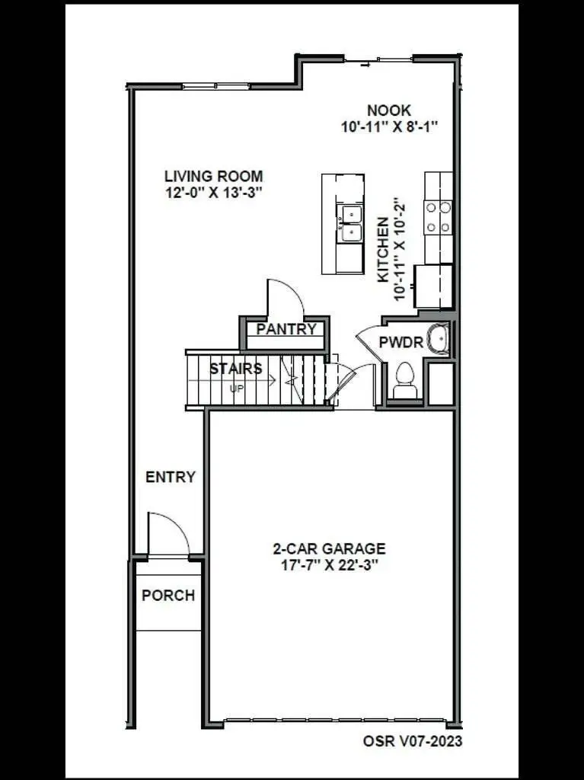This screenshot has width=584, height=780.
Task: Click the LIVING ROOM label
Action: click(x=213, y=177)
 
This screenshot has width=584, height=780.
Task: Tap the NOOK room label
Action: click(x=388, y=111)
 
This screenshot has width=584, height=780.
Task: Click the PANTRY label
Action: click(x=286, y=329)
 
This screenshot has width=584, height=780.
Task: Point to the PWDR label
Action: click(x=401, y=343)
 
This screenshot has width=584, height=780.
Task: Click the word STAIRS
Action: click(x=236, y=369)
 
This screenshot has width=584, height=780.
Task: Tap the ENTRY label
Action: click(x=171, y=478)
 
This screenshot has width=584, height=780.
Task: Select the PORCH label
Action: click(x=168, y=596)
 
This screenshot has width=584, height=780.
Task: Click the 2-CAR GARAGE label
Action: click(x=329, y=548)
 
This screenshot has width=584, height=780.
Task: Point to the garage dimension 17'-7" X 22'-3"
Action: click(x=329, y=565)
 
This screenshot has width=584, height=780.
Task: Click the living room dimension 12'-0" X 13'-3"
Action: click(x=213, y=193)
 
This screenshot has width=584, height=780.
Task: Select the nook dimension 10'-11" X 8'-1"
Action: click(x=388, y=127)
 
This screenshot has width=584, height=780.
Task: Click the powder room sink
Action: click(x=439, y=340)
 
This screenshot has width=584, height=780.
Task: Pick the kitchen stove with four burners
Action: click(x=438, y=216)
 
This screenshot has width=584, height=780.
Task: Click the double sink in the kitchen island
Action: click(x=350, y=222)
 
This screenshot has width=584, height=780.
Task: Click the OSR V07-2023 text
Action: click(x=412, y=740)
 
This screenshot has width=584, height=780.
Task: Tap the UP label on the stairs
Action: click(x=236, y=388)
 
